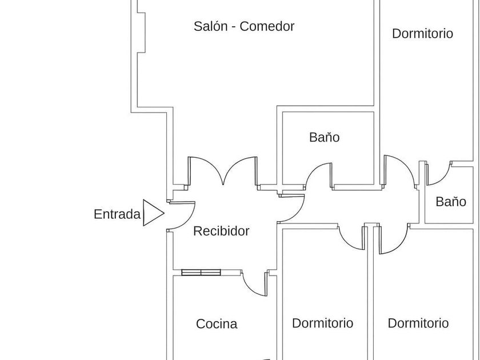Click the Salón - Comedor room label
point(244,26)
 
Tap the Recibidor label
point(221,231)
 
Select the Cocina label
point(217,324)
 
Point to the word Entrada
point(117,214)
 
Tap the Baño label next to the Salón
point(325,137)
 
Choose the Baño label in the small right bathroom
point(451,201)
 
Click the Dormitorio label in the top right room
point(422,34)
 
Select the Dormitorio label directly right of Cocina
point(322,323)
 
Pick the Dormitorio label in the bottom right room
point(418,323)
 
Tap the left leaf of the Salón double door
point(205,171)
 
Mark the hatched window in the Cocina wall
point(200,273)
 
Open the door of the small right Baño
point(438,174)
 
